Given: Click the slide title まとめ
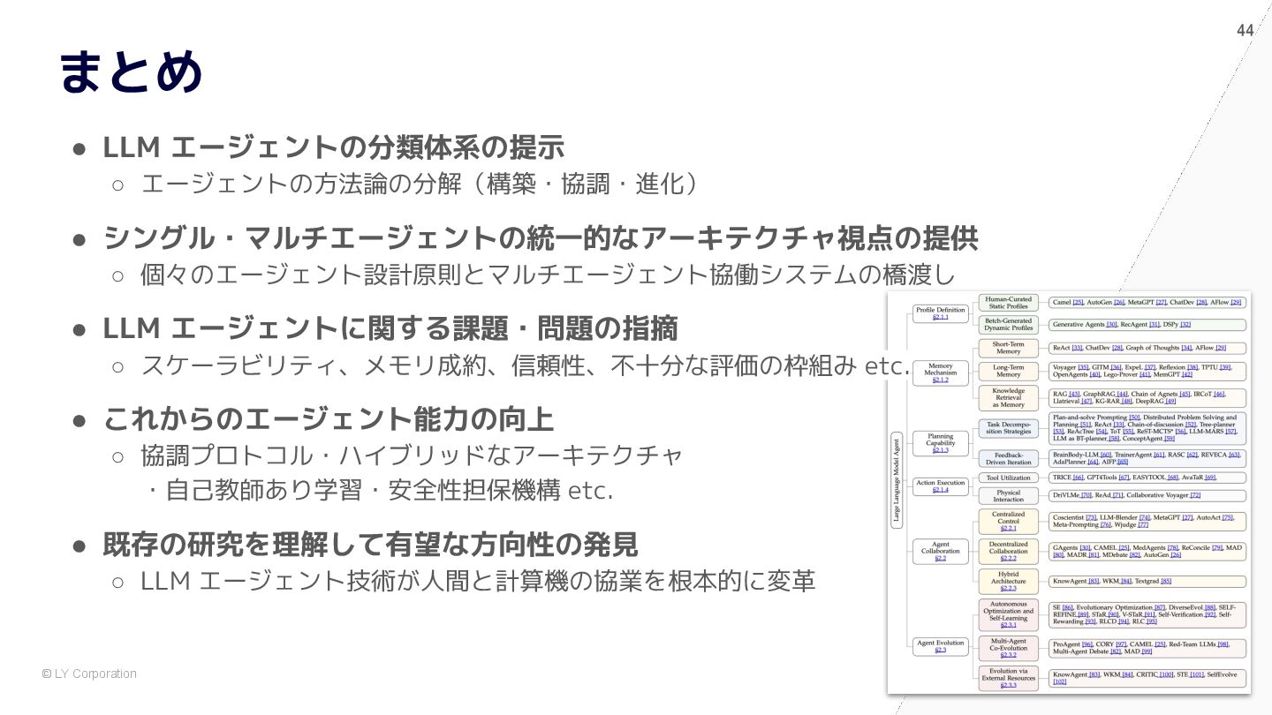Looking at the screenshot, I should point(131,72).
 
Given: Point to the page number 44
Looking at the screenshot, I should point(1245,31).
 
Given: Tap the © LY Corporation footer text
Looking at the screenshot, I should point(89,674).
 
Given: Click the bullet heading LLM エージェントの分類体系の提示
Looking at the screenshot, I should point(333,147).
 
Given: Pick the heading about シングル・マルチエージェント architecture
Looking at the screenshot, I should point(540,238).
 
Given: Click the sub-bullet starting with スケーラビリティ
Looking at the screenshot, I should point(525,365).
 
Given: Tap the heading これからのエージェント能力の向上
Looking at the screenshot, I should point(328,418).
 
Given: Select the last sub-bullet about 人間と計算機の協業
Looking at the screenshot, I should point(477,582).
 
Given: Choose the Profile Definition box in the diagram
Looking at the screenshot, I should point(940,313).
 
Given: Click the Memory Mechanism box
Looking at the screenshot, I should point(940,373).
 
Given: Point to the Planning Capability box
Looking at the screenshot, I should point(940,443).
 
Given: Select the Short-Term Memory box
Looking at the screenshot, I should point(1008,348).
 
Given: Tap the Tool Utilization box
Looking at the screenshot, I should point(1008,478).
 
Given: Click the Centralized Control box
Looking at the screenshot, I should point(1008,521).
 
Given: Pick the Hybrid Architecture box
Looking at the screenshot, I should point(1008,581).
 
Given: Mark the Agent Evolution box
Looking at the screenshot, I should point(940,646).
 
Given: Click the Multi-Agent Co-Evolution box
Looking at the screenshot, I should point(1008,648).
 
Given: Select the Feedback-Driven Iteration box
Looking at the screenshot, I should point(1008,458).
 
